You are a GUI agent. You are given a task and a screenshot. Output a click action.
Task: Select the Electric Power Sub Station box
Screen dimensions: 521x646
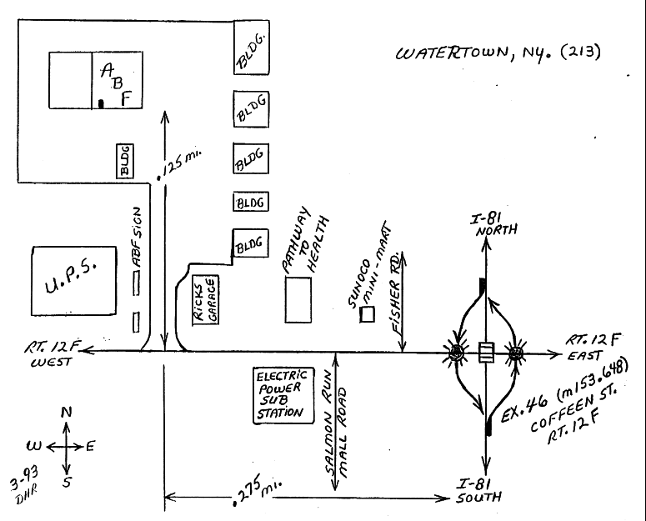pos(281,394)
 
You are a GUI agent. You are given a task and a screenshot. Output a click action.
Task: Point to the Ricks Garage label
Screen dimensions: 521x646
pos(204,300)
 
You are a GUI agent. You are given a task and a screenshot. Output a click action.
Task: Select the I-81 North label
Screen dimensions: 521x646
pos(486,225)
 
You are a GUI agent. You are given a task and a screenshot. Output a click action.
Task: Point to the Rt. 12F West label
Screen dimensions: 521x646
pos(48,357)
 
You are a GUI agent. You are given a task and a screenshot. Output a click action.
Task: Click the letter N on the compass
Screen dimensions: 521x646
pos(67,412)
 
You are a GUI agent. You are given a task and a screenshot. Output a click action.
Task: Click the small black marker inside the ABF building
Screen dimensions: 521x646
pos(101,104)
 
